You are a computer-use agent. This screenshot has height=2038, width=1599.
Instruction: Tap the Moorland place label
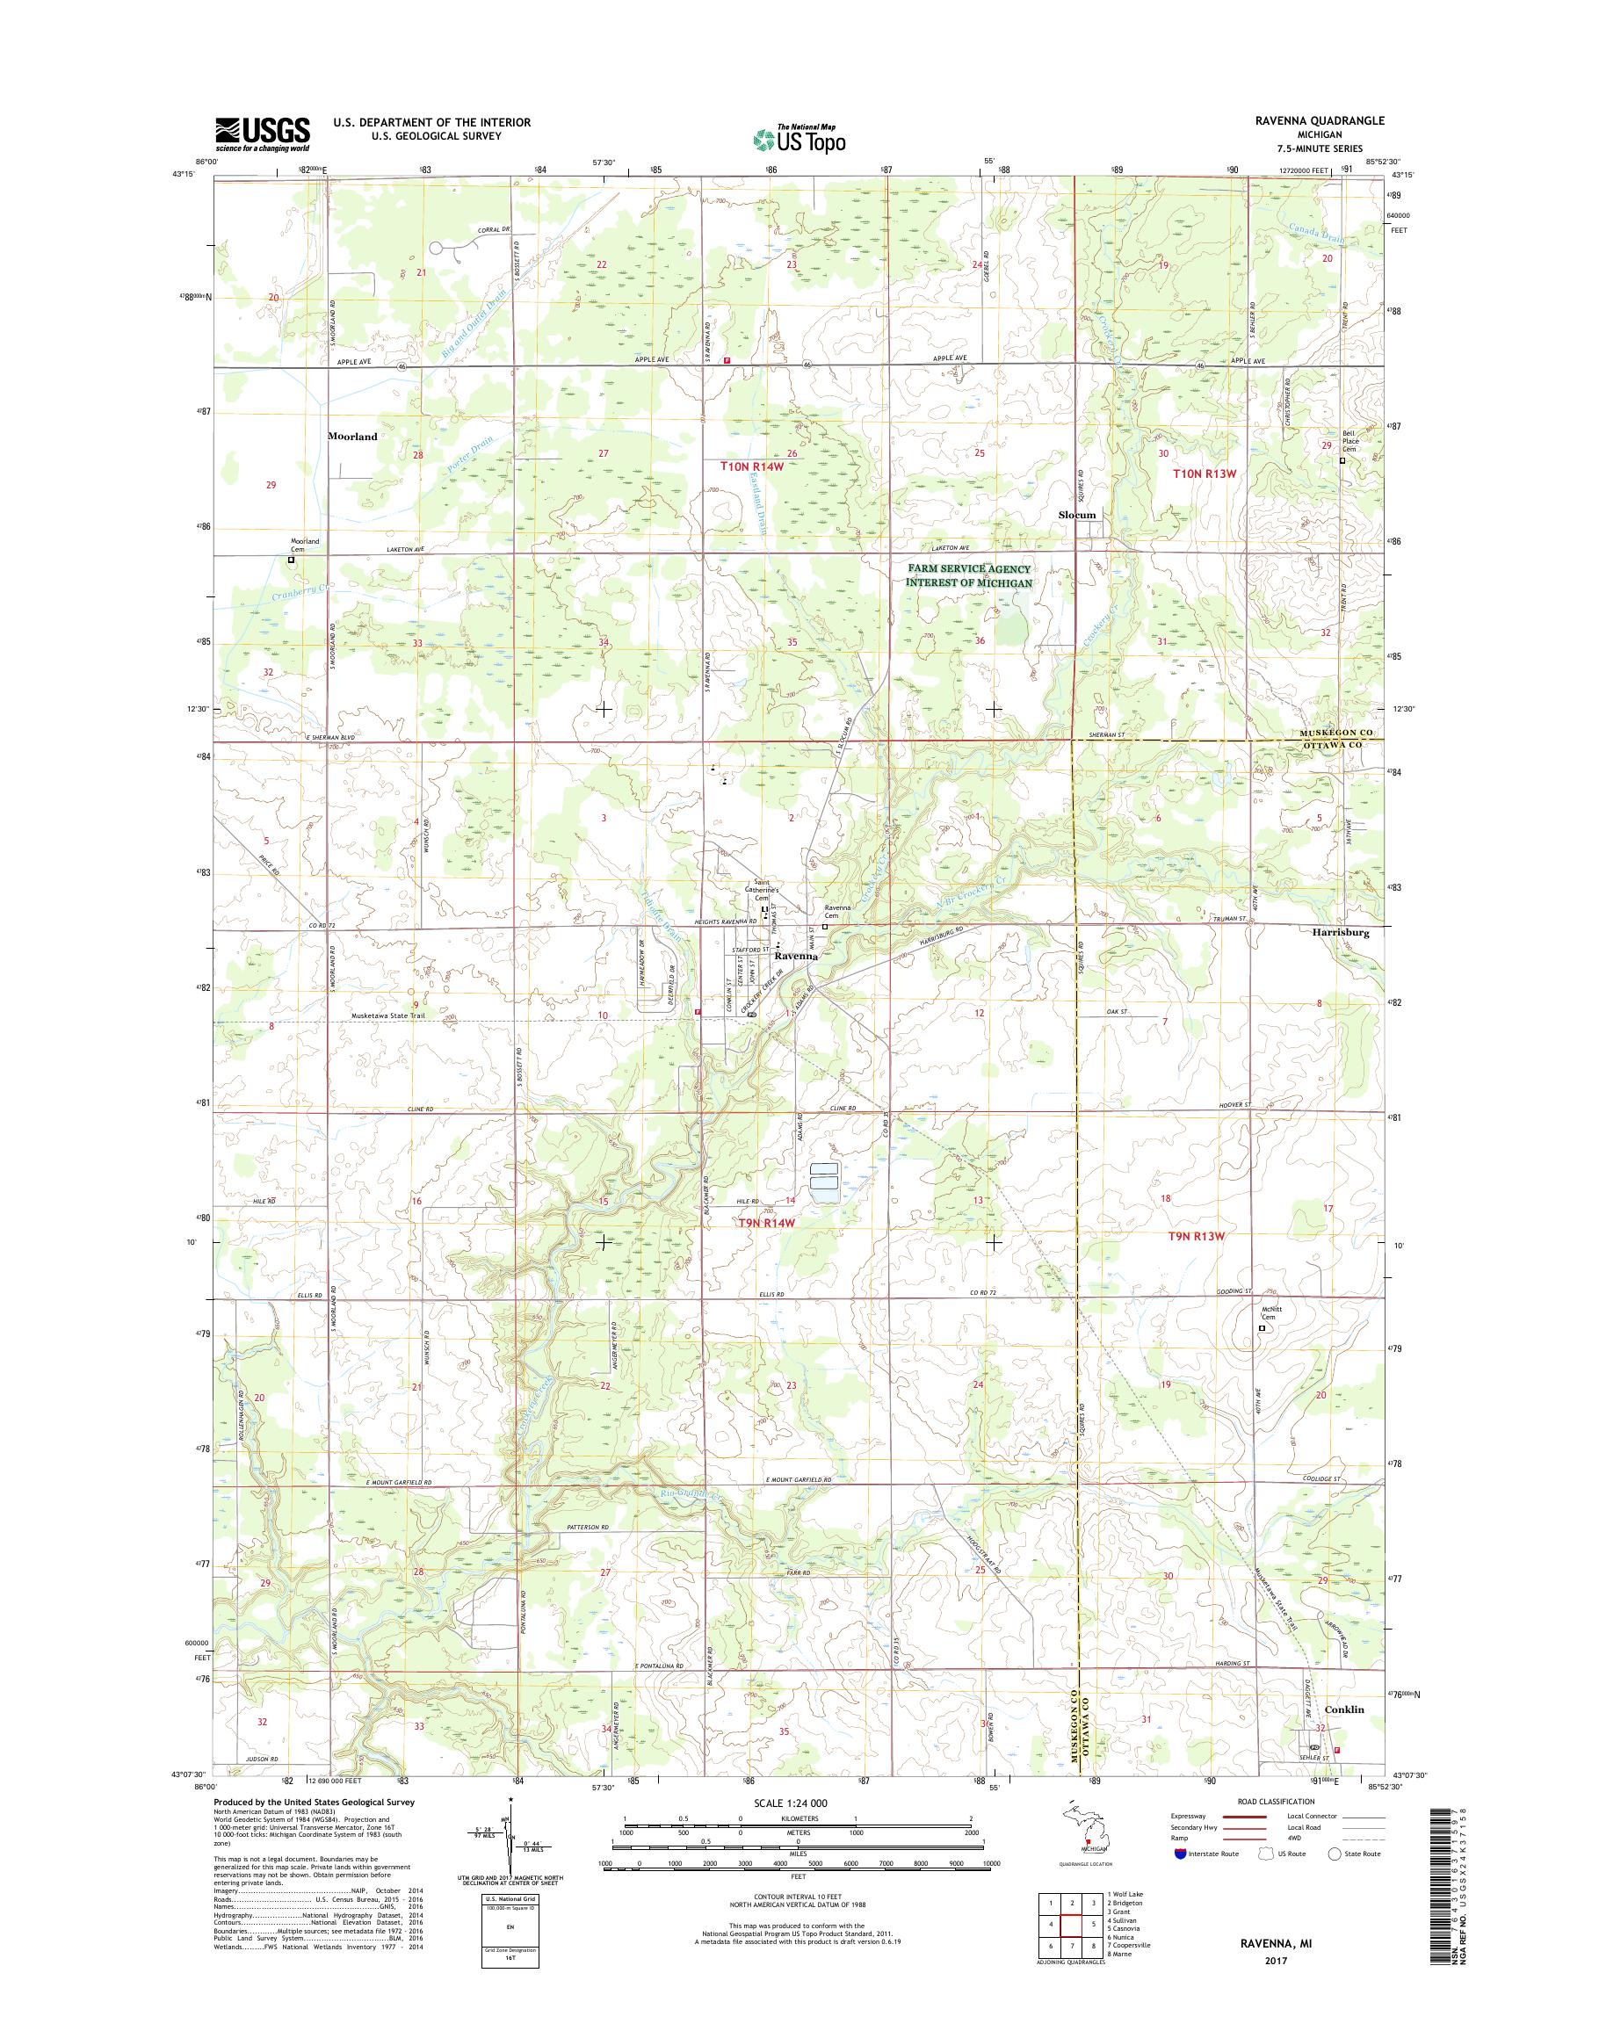352,437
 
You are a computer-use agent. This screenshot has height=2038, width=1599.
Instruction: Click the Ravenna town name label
796,957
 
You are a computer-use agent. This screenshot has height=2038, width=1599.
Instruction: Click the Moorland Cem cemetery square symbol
291,560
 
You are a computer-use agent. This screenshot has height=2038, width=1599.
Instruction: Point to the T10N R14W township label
752,466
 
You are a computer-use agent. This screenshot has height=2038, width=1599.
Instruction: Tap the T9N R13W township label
1197,1236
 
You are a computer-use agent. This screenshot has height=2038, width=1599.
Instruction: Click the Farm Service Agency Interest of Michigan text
968,575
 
